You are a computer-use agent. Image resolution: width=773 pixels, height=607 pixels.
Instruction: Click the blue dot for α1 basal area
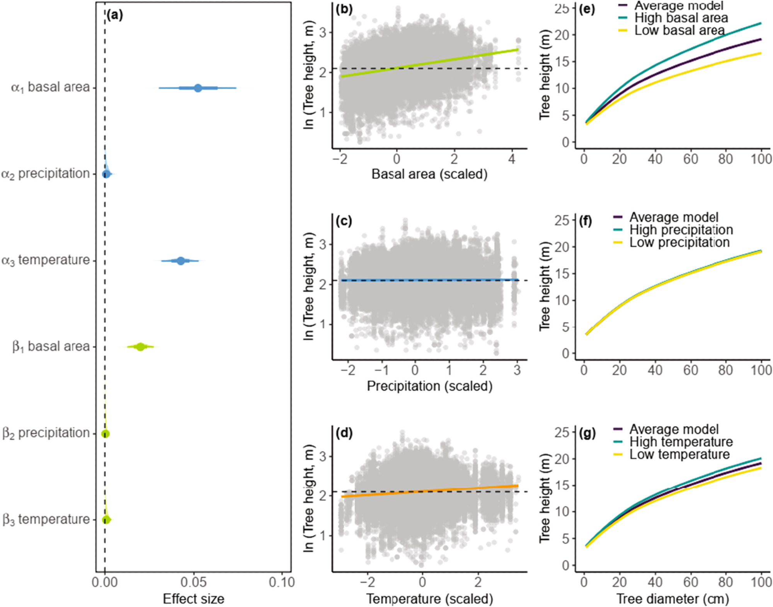(x=198, y=88)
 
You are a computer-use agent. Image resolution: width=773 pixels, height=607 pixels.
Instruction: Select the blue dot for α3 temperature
(x=180, y=261)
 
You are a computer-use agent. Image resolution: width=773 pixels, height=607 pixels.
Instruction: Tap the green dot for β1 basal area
(x=141, y=347)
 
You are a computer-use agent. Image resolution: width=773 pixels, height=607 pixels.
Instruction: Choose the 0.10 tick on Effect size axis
(x=282, y=582)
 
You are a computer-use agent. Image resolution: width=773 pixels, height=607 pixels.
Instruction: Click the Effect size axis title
(x=193, y=598)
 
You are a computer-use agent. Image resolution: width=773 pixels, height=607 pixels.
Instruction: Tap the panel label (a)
(x=115, y=15)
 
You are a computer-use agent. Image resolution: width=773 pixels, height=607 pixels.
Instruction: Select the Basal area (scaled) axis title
(x=429, y=174)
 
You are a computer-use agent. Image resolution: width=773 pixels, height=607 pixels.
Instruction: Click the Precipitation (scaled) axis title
(x=429, y=386)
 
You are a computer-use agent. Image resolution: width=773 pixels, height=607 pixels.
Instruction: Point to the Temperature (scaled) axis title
(x=429, y=598)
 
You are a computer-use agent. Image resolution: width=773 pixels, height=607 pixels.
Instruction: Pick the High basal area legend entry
(x=681, y=18)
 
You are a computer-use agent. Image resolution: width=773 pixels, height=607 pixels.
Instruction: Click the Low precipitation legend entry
(x=679, y=242)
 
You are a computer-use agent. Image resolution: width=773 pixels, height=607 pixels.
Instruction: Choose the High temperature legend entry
(x=681, y=442)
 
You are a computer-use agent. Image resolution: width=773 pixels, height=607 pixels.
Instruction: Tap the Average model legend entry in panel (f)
(x=674, y=217)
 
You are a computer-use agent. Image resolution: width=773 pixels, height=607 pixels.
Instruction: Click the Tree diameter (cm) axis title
(x=673, y=598)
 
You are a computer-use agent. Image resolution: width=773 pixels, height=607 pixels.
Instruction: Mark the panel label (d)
(x=344, y=433)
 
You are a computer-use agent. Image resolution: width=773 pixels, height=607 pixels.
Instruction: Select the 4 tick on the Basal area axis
(x=512, y=159)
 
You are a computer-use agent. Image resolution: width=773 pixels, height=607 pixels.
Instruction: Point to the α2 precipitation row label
(x=46, y=174)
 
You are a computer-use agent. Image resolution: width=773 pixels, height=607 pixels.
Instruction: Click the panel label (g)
(x=587, y=433)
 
